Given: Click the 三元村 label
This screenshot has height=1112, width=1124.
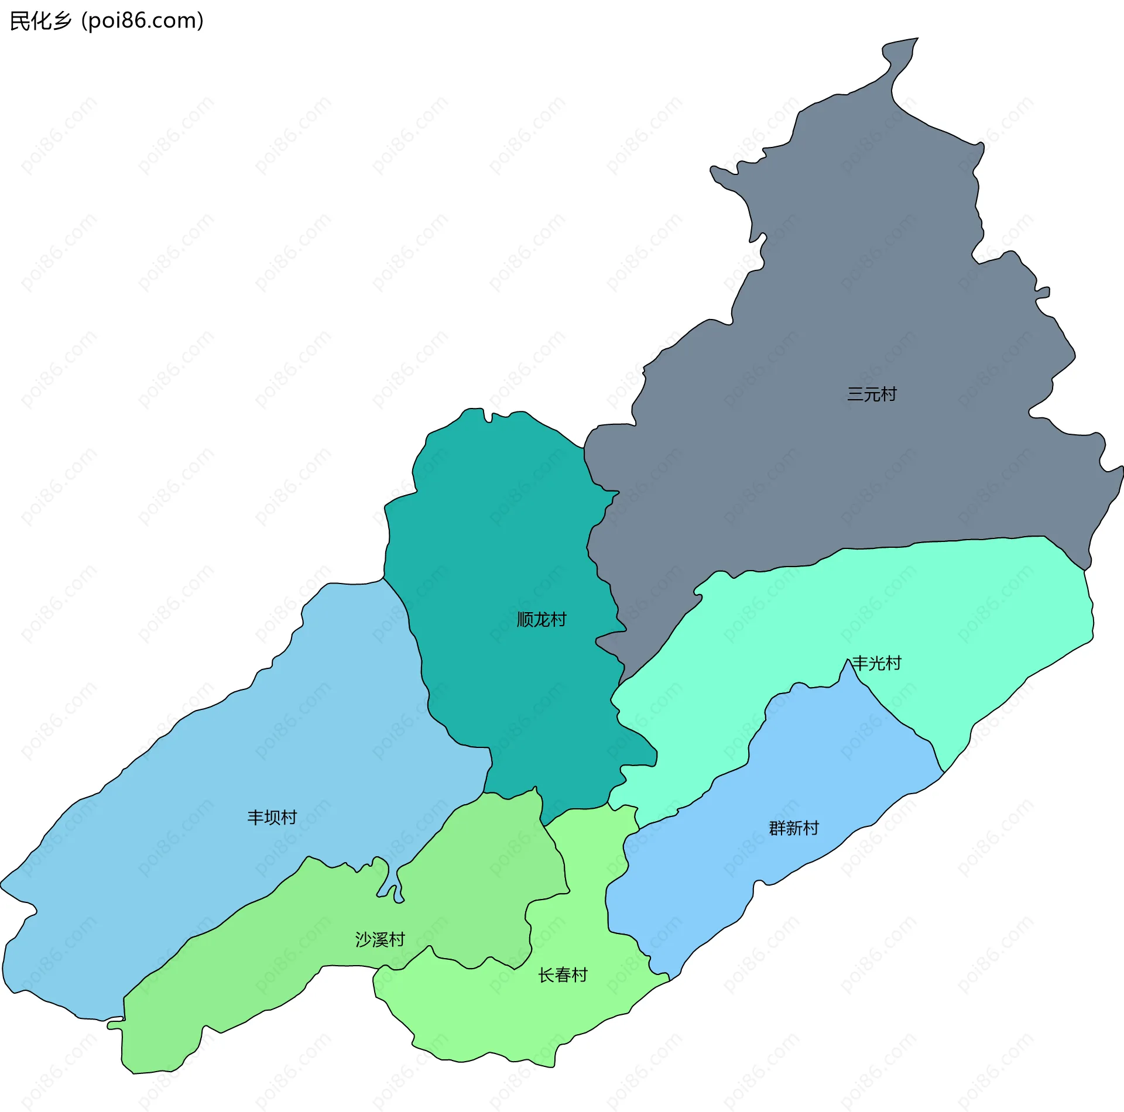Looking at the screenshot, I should [x=871, y=394].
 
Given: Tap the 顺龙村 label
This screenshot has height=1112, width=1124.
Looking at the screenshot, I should [x=542, y=619].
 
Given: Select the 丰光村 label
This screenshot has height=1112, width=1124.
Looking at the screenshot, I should [x=876, y=663].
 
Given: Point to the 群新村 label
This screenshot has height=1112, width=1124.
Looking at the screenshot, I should [x=794, y=828].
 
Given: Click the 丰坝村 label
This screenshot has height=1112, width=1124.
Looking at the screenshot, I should [x=272, y=818].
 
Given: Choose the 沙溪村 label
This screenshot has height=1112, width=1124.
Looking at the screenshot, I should [x=380, y=939].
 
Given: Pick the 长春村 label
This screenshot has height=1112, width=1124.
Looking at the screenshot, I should [x=563, y=975].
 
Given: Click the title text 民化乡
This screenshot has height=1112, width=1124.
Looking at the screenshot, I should [x=41, y=21].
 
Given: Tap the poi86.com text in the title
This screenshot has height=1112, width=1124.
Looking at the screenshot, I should [x=143, y=21].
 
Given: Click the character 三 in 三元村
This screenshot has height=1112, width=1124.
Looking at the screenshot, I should [x=855, y=394].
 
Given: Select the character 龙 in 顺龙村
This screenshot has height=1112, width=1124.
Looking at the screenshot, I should [x=542, y=619].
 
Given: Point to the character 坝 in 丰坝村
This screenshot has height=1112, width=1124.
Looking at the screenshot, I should [x=272, y=818].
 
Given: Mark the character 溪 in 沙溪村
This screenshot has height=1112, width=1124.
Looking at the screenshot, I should [x=380, y=939].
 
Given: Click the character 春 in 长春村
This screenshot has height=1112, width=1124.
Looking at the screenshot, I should [x=563, y=975].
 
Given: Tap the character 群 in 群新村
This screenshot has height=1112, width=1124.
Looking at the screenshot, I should [x=777, y=828].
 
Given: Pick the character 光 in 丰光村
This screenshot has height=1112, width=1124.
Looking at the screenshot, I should [x=876, y=663].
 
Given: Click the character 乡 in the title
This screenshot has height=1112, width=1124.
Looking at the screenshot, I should [x=61, y=21].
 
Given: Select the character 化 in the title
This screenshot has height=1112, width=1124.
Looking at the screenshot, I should [x=41, y=21].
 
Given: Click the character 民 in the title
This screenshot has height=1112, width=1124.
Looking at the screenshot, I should [x=20, y=21].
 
